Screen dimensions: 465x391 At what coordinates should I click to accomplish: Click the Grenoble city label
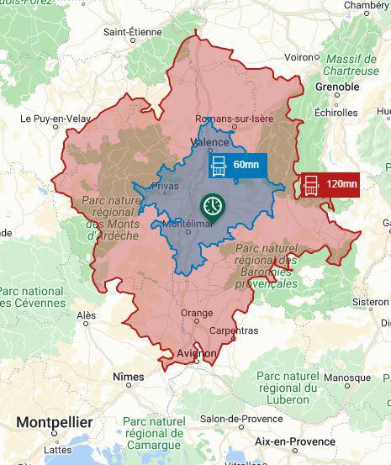[x=336, y=87]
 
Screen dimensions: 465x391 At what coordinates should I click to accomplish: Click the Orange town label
[x=197, y=314]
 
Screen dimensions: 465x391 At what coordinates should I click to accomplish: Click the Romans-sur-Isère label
[x=235, y=119]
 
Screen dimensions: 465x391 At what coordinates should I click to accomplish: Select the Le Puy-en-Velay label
[x=51, y=119]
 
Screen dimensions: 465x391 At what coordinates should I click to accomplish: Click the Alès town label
[x=86, y=316]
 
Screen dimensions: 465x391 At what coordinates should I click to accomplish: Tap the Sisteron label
[x=370, y=301]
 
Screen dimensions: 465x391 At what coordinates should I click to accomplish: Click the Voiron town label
[x=299, y=57]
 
